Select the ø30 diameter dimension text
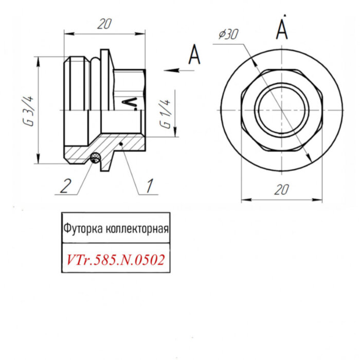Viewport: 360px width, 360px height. (228, 34)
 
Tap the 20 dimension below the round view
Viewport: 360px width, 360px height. (280, 190)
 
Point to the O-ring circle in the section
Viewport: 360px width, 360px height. (95, 158)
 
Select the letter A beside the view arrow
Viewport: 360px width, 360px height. (194, 55)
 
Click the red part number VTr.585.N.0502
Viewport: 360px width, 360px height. (116, 260)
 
